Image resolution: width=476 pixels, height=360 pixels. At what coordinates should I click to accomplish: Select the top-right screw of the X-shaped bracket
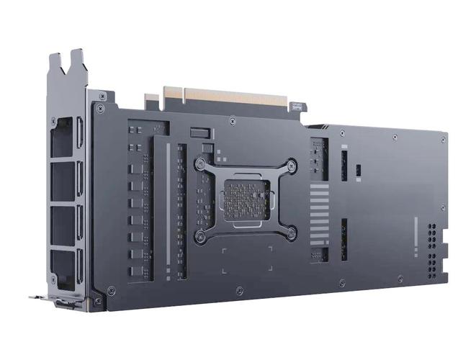[x=292, y=166]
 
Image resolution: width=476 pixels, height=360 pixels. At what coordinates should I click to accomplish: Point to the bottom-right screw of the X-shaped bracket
[x=290, y=232]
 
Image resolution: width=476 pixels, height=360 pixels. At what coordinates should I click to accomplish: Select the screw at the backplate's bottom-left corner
[x=110, y=291]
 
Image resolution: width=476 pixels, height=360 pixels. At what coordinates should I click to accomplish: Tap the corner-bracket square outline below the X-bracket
[x=246, y=261]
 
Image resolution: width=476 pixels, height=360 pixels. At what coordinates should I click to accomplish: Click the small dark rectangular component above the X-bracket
[x=199, y=134]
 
